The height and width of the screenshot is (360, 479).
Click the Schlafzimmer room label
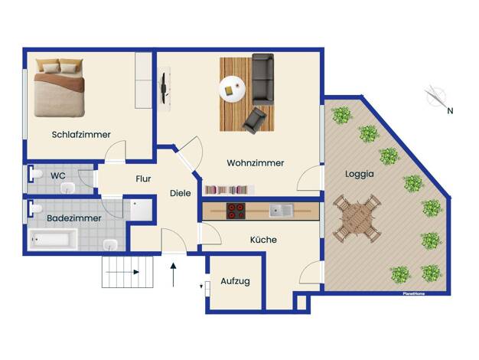click(81, 135)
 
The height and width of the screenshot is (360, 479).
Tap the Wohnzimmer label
click(256, 163)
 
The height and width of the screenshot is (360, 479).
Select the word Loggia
click(360, 174)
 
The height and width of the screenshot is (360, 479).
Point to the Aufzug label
click(235, 281)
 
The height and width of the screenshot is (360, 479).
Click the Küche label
click(263, 240)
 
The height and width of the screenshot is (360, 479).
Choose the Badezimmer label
click(74, 218)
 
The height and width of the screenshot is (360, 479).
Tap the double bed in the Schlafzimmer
click(59, 88)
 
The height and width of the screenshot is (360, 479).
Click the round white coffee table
click(232, 89)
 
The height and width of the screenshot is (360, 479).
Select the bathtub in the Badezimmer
click(52, 239)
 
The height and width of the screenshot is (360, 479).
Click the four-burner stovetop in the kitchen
click(236, 211)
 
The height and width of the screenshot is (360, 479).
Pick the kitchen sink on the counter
click(282, 211)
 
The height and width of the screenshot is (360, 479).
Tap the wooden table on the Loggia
click(357, 218)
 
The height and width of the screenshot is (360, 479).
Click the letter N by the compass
click(450, 111)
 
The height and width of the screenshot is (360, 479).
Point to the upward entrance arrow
click(173, 275)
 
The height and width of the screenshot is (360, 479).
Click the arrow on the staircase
click(122, 272)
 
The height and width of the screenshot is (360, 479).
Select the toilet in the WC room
click(35, 175)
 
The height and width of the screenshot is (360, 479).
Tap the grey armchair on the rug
click(254, 120)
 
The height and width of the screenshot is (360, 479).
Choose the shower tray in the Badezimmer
click(141, 210)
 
